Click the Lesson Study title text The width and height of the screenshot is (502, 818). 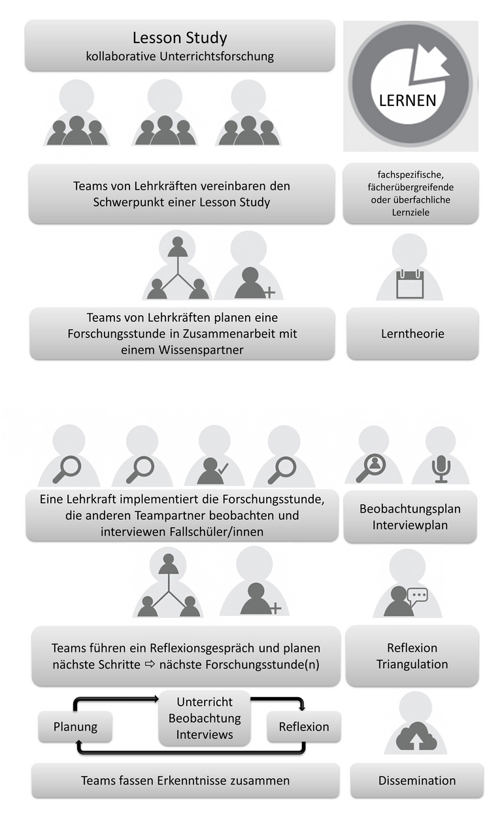tap(180, 38)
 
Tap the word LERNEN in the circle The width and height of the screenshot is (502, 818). tap(407, 101)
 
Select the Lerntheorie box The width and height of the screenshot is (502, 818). tap(412, 333)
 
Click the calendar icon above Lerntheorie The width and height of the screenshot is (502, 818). tap(410, 284)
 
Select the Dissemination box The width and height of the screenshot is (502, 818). tap(417, 780)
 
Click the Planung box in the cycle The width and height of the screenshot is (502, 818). tap(75, 726)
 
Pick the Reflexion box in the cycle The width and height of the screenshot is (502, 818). tap(304, 726)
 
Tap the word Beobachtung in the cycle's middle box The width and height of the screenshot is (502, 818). tap(205, 719)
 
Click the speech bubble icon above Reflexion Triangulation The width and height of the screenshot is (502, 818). tap(418, 595)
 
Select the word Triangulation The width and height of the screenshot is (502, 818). tap(412, 664)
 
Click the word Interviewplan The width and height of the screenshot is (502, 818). tap(410, 525)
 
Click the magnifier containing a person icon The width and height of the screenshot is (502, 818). tap(371, 468)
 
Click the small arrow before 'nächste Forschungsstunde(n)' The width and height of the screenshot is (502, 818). tap(150, 664)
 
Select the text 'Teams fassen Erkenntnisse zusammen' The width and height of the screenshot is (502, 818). tap(185, 780)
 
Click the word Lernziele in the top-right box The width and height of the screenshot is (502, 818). tap(410, 213)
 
